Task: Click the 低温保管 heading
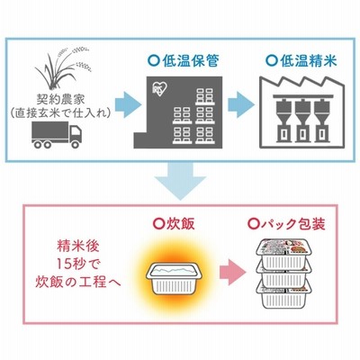184,61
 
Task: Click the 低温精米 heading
301,61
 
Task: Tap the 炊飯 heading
175,223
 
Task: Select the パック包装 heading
287,224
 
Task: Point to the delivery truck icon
57,135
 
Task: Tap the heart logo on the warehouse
159,88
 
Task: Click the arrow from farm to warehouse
128,105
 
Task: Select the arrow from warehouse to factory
241,104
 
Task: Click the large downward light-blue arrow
180,181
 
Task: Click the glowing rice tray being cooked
175,279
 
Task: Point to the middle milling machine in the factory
302,121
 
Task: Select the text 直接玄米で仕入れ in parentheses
61,113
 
